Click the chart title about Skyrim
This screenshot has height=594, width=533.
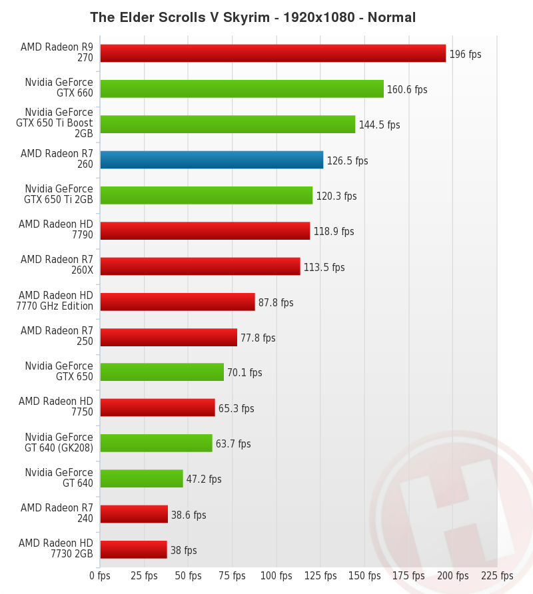(253, 17)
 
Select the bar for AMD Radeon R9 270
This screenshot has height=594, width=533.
(272, 53)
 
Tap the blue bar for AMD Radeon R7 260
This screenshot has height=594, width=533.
(211, 160)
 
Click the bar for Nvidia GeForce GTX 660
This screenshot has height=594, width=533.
(242, 89)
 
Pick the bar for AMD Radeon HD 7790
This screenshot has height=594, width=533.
(205, 230)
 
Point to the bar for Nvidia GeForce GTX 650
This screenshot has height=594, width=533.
(162, 372)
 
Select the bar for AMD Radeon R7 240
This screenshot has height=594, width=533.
(134, 514)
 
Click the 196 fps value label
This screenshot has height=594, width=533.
(465, 54)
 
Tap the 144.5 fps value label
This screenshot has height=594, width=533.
(379, 125)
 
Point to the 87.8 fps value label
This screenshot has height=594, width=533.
(276, 302)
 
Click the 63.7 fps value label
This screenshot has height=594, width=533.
(233, 444)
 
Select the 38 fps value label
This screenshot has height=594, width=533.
(183, 550)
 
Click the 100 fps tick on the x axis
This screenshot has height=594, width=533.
(276, 575)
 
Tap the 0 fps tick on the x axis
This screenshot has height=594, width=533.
(100, 575)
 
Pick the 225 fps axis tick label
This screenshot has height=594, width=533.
(497, 575)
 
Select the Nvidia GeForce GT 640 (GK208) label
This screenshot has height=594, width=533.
(59, 443)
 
